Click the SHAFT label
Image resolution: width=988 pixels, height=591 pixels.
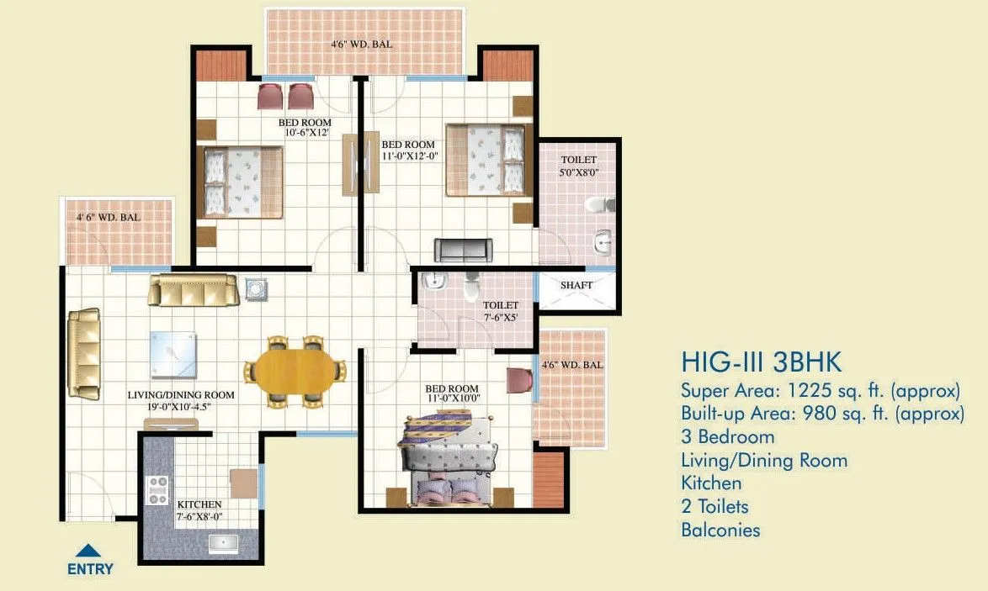click(576, 285)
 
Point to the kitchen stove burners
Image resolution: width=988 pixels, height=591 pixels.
click(157, 490)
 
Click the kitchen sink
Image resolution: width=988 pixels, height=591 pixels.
click(222, 542)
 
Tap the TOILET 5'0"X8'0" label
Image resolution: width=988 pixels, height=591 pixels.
click(578, 166)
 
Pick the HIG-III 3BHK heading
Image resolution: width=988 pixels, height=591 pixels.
click(761, 363)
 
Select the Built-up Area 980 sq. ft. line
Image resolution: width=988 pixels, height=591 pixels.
click(822, 414)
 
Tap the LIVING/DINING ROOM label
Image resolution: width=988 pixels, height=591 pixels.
click(181, 400)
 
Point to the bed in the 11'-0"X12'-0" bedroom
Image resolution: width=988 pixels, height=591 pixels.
click(487, 161)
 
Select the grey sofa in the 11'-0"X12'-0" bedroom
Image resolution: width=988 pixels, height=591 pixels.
click(463, 250)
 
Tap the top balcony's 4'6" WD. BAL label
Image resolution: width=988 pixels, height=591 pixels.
click(362, 44)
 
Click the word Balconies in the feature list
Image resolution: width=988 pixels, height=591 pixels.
click(720, 530)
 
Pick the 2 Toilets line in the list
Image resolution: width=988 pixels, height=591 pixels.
click(714, 506)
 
